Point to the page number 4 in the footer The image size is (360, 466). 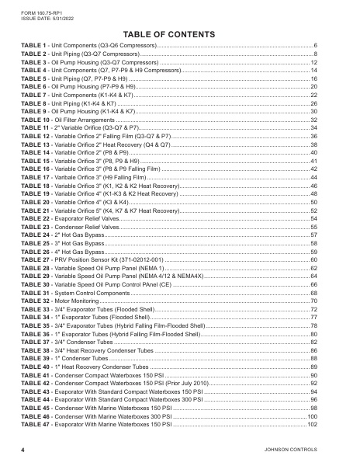[x=22, y=450]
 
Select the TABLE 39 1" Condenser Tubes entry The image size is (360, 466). [x=65, y=357]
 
